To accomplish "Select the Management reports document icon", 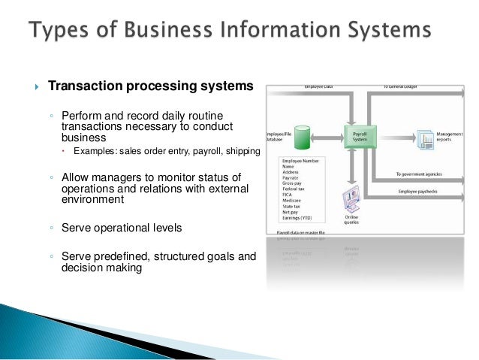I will pos(426,138).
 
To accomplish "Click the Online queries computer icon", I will pos(351,198).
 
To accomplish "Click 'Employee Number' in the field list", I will pos(300,162).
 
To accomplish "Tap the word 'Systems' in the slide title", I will pos(390,31).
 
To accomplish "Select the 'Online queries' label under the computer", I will pos(351,218).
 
